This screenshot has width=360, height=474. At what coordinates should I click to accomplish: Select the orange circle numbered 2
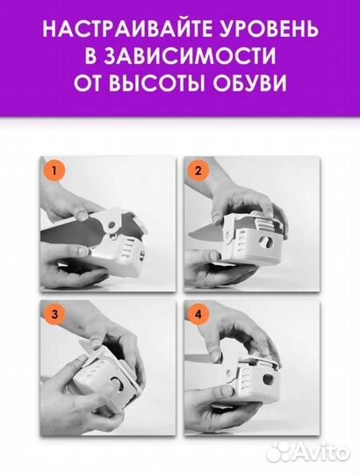(x=199, y=171)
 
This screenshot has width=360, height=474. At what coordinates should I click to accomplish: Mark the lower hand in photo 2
(x=220, y=268)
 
